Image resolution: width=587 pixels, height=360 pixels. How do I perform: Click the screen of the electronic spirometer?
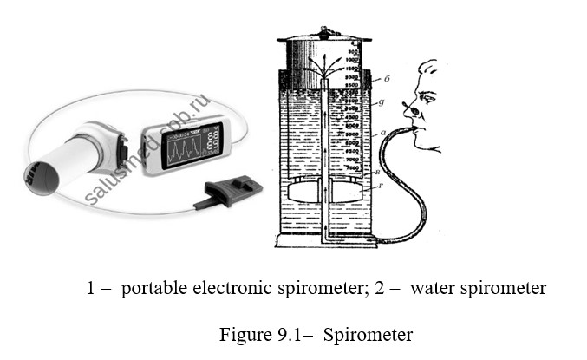pyautogui.click(x=188, y=141)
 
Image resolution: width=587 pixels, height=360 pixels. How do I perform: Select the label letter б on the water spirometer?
pyautogui.click(x=388, y=79)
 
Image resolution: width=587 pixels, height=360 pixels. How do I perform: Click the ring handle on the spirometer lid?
pyautogui.click(x=324, y=33)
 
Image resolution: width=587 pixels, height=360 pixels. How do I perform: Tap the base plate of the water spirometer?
pyautogui.click(x=325, y=241)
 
